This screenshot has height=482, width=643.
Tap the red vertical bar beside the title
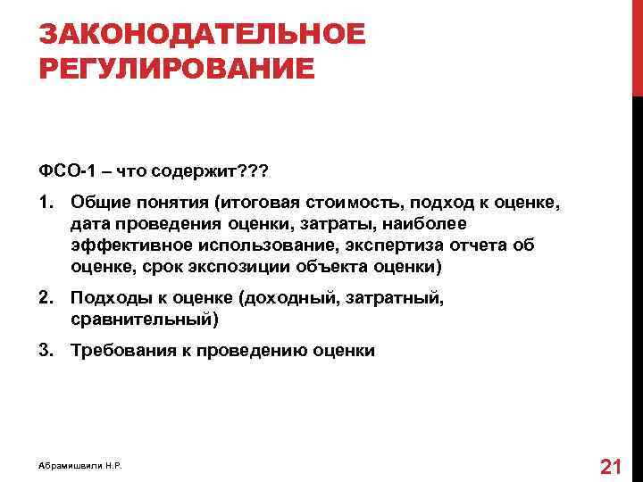pyautogui.click(x=637, y=45)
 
